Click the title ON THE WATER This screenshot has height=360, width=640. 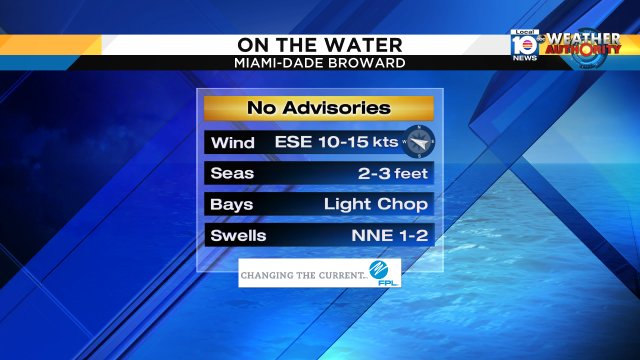pyautogui.click(x=320, y=45)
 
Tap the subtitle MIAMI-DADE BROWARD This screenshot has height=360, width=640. pyautogui.click(x=320, y=63)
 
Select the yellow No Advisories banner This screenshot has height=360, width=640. pyautogui.click(x=319, y=108)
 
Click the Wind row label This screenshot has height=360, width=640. pyautogui.click(x=231, y=142)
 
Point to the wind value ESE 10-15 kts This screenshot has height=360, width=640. pyautogui.click(x=336, y=142)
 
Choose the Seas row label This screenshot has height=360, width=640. pyautogui.click(x=232, y=173)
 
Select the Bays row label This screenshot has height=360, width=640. pyautogui.click(x=232, y=204)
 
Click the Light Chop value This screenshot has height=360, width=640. pyautogui.click(x=376, y=204)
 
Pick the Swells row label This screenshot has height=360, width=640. pyautogui.click(x=239, y=236)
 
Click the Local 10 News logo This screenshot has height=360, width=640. pyautogui.click(x=525, y=45)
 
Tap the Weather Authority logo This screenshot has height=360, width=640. pyautogui.click(x=583, y=45)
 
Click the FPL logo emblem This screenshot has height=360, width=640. pyautogui.click(x=382, y=272)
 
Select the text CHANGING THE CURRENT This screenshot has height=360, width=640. pyautogui.click(x=302, y=273)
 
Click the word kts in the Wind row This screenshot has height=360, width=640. pyautogui.click(x=387, y=142)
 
